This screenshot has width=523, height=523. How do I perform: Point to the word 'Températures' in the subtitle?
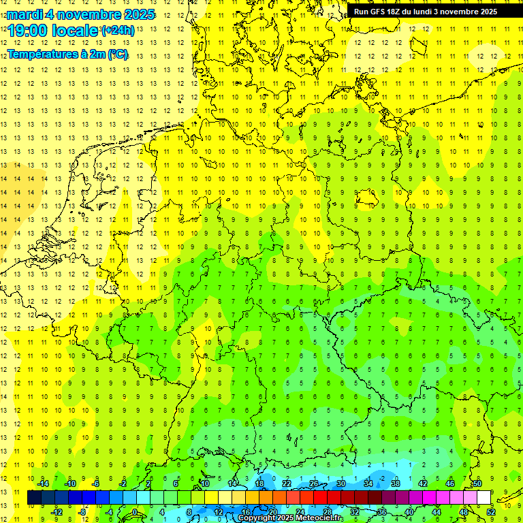[37, 53]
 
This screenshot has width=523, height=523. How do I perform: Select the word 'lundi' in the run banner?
[432, 12]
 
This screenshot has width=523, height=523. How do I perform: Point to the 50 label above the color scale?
[477, 484]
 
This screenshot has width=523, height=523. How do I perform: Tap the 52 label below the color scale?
[491, 512]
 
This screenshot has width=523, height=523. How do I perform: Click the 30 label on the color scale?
[341, 484]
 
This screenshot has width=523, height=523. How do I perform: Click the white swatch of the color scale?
[484, 498]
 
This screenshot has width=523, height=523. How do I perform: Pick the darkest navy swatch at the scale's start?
[34, 498]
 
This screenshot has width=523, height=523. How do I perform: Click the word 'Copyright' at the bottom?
[257, 518]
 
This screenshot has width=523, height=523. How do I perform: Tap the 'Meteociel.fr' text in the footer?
[320, 518]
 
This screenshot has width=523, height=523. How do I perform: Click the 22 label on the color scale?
[287, 484]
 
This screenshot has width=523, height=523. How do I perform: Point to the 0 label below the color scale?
[136, 512]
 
